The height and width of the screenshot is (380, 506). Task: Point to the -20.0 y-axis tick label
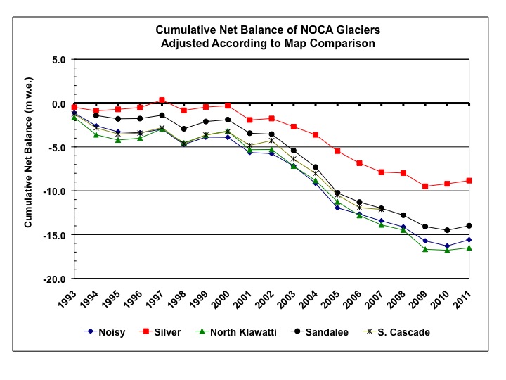(53, 279)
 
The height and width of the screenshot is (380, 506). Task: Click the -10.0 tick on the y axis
(53, 191)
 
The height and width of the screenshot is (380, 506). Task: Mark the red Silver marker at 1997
(162, 100)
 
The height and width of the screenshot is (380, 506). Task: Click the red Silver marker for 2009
(425, 186)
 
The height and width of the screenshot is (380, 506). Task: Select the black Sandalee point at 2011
(469, 226)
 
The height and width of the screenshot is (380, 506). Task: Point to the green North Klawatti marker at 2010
(447, 250)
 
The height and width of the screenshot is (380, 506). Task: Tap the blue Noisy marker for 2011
(469, 239)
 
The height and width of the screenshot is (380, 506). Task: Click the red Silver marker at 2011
(469, 181)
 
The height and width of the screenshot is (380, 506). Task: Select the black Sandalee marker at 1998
(183, 129)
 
